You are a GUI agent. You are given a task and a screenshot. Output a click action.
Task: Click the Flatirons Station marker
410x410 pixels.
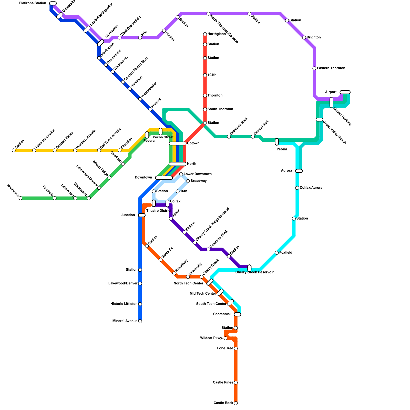pos(53,3)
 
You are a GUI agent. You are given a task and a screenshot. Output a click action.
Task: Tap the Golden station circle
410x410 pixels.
pos(14,150)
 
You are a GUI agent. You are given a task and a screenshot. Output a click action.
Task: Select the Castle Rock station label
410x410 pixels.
pos(223,403)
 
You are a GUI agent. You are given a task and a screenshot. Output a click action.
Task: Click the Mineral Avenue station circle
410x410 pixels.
pos(140,321)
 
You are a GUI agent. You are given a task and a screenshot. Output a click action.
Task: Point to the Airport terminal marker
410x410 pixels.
pos(345,92)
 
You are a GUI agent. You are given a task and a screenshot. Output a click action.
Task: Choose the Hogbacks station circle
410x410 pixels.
pos(20,198)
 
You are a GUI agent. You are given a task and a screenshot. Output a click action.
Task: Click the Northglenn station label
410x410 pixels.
pos(217,34)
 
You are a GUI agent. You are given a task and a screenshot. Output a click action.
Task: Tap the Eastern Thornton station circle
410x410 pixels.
pos(314,68)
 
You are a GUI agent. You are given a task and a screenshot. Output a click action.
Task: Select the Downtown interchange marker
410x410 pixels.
pos(164,178)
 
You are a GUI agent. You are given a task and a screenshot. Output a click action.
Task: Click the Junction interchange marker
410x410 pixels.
pos(142,215)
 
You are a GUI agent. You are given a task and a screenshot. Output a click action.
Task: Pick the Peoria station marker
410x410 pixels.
pos(277,142)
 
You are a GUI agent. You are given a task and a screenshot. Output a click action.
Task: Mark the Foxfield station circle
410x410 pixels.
pos(277,253)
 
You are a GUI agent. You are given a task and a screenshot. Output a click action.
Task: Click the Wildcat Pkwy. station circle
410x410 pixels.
pos(225,338)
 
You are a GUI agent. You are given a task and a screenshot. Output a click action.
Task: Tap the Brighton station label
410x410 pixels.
pos(313,37)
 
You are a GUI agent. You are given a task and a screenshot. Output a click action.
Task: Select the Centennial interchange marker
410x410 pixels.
pos(238,314)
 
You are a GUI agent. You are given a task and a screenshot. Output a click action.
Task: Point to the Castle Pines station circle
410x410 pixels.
pos(236,383)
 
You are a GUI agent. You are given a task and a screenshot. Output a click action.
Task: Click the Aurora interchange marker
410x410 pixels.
pos(299,171)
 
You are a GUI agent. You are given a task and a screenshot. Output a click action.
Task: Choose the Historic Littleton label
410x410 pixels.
pos(124,304)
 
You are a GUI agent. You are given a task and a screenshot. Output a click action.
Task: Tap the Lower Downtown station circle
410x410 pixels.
pos(181,174)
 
